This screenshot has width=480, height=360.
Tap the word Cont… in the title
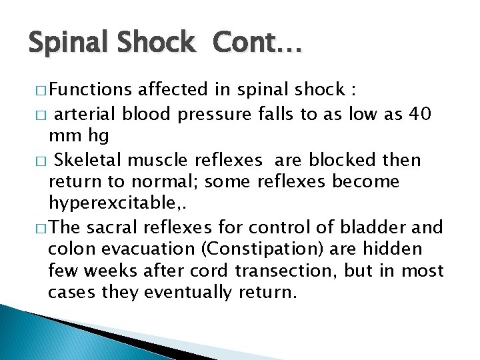point(257,43)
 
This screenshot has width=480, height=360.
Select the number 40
point(421,114)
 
